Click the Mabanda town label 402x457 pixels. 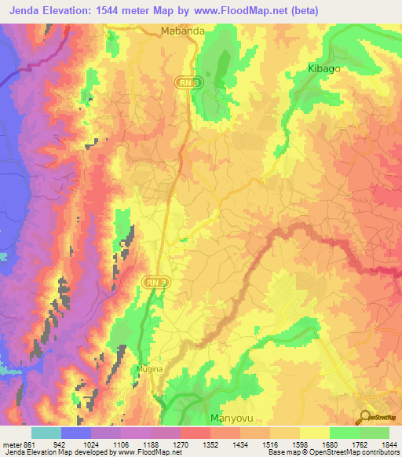pos(183,31)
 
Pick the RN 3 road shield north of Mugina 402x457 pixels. pos(156,281)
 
